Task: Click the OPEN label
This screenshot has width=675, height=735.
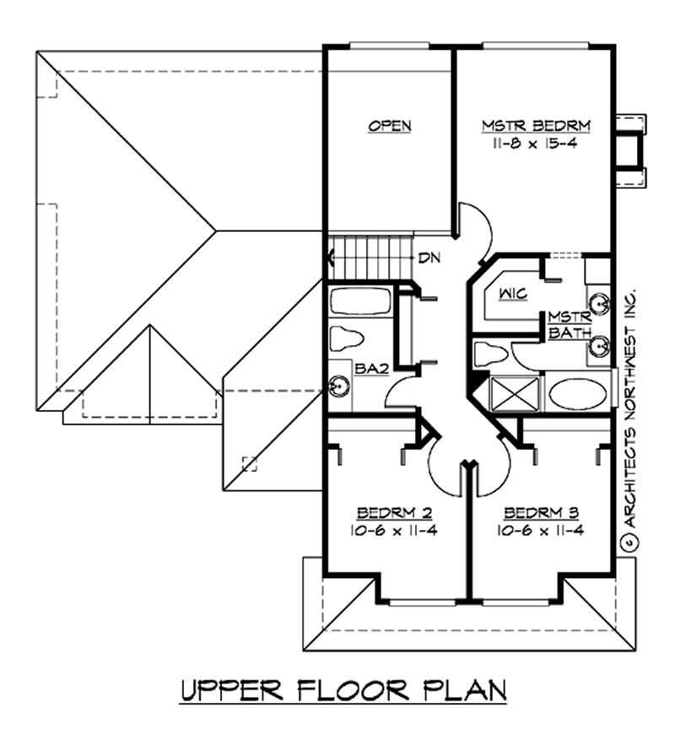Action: (390, 126)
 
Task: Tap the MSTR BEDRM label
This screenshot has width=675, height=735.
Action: (536, 126)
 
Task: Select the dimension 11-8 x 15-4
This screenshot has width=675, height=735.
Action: (535, 143)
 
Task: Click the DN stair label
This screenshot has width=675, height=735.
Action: (429, 257)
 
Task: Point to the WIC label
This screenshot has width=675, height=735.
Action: (513, 294)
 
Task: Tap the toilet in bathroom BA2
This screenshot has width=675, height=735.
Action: (347, 338)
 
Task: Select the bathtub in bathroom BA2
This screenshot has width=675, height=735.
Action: (360, 300)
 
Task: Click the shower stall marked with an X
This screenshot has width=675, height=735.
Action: (514, 393)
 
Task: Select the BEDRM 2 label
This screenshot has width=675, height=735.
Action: (394, 513)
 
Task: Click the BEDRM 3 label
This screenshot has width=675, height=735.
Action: (541, 513)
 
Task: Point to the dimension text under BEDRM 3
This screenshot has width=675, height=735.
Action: (541, 530)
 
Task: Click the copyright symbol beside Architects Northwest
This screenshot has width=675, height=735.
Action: (629, 543)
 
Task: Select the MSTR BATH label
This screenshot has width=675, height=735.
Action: (570, 324)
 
